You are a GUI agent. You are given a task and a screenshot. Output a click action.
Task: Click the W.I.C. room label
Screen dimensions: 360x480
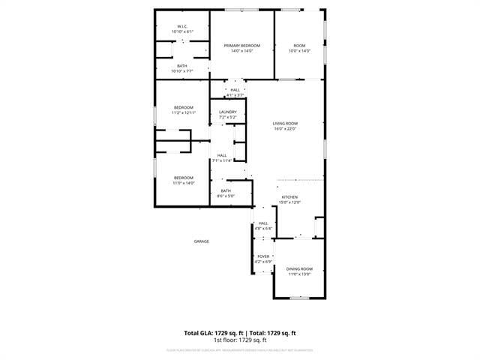click(182, 26)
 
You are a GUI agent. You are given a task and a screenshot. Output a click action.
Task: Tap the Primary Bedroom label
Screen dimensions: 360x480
click(242, 46)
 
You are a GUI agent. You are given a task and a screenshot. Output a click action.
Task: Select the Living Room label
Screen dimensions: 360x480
click(285, 123)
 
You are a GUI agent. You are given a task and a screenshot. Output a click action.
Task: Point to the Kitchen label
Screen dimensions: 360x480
click(289, 197)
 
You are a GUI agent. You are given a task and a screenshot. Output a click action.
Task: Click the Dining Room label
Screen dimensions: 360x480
click(299, 268)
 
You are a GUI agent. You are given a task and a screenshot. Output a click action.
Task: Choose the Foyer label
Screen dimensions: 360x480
click(263, 256)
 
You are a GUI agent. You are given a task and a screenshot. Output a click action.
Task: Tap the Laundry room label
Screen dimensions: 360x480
click(228, 112)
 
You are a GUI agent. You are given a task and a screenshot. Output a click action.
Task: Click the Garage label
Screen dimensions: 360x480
click(202, 241)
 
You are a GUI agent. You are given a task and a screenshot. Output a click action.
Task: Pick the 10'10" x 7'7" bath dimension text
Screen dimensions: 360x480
click(182, 71)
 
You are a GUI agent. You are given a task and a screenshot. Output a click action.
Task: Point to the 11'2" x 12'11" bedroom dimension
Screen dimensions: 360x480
click(184, 112)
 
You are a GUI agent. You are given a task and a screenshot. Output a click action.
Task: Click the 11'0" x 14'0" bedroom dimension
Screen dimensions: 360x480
click(184, 183)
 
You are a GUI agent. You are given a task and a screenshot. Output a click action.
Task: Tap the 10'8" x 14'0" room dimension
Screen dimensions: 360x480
click(299, 51)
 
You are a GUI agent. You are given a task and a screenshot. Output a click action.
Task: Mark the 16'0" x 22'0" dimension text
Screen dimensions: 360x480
click(285, 129)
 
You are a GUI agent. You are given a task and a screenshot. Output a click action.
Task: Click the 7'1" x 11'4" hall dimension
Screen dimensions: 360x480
click(223, 160)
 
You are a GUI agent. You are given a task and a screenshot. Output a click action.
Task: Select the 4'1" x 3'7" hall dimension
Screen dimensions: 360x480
click(235, 95)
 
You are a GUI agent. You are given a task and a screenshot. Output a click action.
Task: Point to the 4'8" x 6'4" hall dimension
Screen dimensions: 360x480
click(263, 228)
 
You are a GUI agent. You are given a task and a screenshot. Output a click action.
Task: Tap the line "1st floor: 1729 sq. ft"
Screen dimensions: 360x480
click(240, 340)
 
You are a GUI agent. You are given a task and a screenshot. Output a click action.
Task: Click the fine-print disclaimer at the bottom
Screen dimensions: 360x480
click(240, 349)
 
